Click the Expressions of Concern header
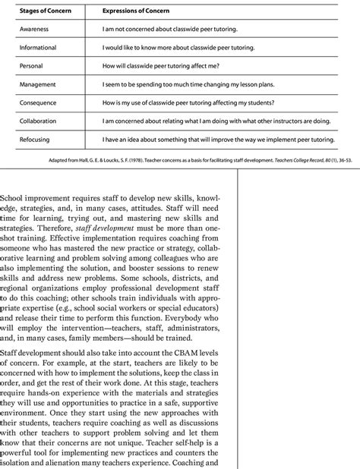click(x=137, y=12)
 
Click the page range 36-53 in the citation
click(x=350, y=162)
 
